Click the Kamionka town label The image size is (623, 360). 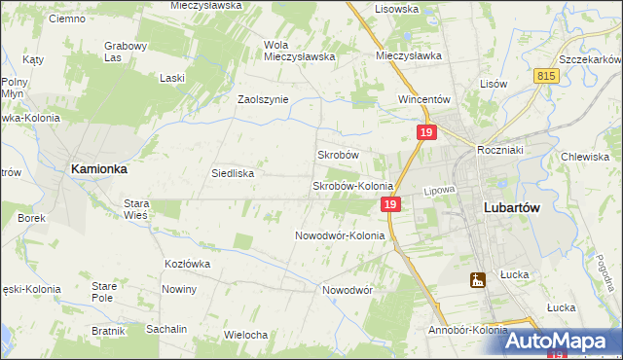click(x=98, y=168)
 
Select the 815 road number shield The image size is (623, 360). click(x=545, y=75)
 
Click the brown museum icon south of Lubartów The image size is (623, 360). click(x=477, y=280)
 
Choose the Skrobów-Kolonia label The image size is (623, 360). click(x=351, y=186)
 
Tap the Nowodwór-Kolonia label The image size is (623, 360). click(x=340, y=235)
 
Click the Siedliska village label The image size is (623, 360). click(x=233, y=174)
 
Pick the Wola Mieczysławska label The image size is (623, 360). click(x=299, y=50)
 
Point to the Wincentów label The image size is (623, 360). click(x=422, y=99)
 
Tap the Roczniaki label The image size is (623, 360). click(x=500, y=150)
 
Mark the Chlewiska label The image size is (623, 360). click(x=585, y=157)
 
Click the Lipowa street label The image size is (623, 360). click(x=440, y=193)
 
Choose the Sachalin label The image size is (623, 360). click(x=166, y=329)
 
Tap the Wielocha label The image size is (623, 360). click(x=245, y=335)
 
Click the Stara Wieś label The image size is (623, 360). click(x=135, y=210)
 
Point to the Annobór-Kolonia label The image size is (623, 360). click(x=467, y=330)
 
